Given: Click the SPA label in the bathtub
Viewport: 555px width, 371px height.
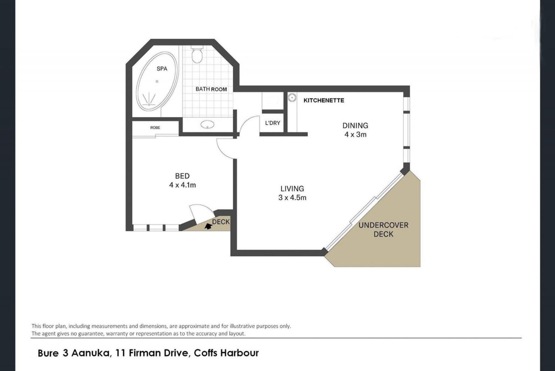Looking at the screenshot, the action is (162, 69).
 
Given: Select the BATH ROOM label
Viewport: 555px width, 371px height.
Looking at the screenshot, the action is (211, 89).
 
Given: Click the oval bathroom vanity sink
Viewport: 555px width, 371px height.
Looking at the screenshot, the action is (207, 124).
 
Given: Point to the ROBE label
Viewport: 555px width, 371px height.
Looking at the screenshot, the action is (155, 128).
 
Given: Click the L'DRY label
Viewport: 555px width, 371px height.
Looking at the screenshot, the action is (272, 123).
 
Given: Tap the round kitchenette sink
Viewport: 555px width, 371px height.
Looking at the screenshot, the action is (292, 98).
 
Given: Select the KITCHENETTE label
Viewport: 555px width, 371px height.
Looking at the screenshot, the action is (324, 100).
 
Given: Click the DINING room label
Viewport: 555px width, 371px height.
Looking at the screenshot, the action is (355, 126).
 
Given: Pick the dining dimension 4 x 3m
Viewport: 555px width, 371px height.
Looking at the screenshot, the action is (355, 135).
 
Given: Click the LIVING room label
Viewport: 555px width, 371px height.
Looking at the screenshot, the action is (292, 189).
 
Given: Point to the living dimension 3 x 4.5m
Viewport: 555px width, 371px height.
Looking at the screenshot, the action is (292, 198).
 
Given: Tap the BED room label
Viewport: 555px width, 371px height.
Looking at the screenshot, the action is (182, 176).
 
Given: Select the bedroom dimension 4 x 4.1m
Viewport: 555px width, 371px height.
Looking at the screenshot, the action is (182, 185).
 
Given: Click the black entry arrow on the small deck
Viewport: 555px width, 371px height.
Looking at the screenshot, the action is (208, 226).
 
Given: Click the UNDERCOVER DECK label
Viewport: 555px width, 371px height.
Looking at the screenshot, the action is (383, 230).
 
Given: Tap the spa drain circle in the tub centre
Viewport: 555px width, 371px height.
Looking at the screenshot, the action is (157, 81).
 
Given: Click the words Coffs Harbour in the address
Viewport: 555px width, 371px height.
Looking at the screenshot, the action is (226, 353).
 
